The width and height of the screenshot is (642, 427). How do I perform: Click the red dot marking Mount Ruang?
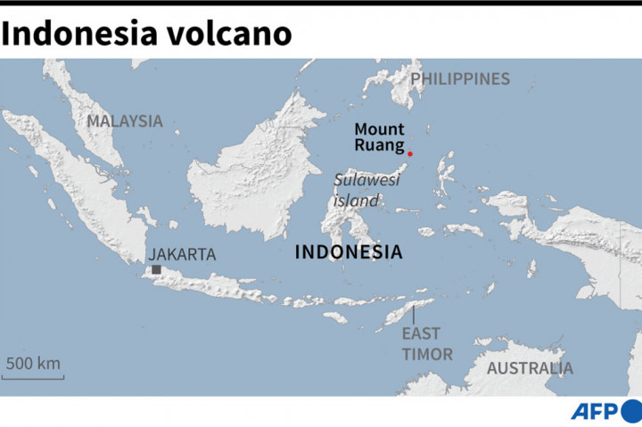(410, 154)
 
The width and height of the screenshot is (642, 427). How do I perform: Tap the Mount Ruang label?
(379, 137)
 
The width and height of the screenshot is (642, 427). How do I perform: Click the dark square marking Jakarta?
(156, 269)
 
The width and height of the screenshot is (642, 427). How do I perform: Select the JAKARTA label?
(182, 254)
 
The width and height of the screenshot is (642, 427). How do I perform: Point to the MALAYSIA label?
(125, 121)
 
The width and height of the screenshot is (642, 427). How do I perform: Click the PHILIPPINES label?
(460, 78)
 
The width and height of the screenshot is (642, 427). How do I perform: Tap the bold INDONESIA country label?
(348, 252)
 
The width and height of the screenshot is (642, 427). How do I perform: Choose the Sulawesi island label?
(366, 190)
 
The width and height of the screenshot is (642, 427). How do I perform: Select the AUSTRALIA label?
(530, 368)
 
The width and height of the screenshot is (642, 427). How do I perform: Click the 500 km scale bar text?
(33, 363)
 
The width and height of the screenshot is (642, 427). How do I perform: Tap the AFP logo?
(593, 412)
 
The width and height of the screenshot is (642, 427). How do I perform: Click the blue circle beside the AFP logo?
(632, 411)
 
